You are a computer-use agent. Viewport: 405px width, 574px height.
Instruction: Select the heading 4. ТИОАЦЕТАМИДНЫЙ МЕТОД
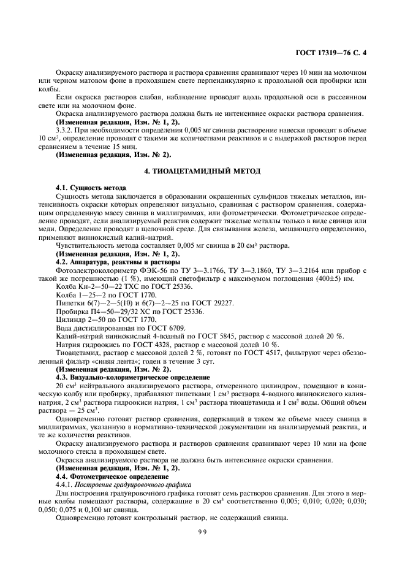pyautogui.click(x=202, y=170)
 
